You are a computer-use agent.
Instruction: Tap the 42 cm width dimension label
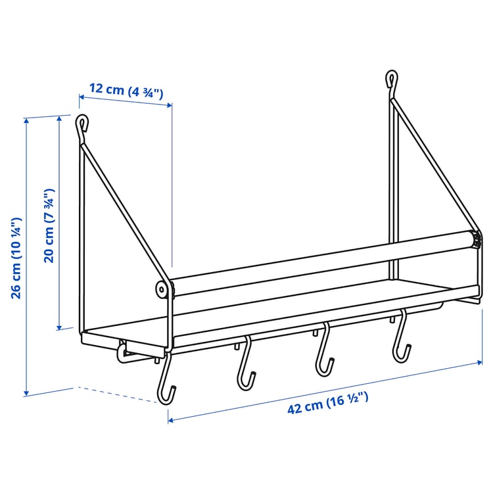click(327, 402)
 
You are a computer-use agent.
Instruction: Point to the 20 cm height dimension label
click(48, 226)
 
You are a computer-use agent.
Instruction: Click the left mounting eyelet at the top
click(82, 123)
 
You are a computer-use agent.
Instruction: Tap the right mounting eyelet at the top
click(392, 80)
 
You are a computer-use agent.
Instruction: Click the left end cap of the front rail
click(160, 289)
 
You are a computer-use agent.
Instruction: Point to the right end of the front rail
click(477, 239)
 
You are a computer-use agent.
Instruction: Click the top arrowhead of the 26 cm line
click(27, 120)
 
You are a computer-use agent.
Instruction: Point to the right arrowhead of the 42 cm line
click(479, 361)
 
